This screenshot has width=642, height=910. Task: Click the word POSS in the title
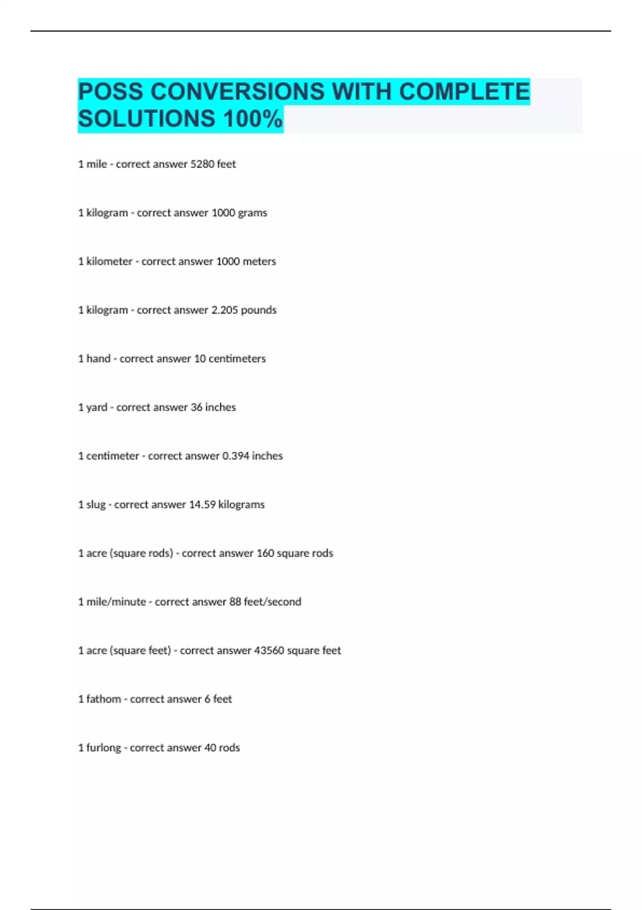(x=111, y=92)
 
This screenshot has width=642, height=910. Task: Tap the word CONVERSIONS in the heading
(x=238, y=92)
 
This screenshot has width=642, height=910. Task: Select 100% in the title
(x=253, y=119)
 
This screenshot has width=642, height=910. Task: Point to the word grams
(x=253, y=213)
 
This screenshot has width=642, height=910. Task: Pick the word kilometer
(x=109, y=261)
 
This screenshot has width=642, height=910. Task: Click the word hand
(x=98, y=359)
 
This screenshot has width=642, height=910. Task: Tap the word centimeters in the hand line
(x=237, y=359)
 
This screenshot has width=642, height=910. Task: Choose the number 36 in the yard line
(x=196, y=407)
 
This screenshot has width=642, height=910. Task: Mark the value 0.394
(x=235, y=456)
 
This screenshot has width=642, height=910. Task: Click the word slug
(x=96, y=505)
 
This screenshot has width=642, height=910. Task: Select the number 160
(x=265, y=553)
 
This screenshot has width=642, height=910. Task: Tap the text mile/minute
(x=116, y=602)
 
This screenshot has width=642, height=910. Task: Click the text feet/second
(x=272, y=602)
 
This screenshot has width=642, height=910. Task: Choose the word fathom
(x=103, y=699)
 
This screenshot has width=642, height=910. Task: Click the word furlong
(x=103, y=748)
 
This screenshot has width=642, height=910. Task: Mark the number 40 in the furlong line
(x=210, y=748)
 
